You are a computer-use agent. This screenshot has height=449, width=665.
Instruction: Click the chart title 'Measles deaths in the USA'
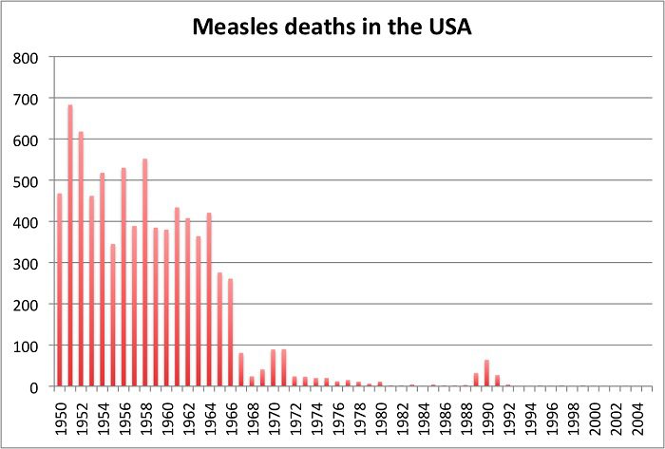coord(332,28)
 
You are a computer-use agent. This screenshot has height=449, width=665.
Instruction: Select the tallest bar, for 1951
coord(70,247)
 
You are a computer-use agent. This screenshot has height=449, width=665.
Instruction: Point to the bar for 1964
coord(209,300)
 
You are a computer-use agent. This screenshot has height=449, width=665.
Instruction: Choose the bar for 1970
coord(274,368)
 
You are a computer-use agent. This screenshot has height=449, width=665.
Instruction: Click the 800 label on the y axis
coord(26,58)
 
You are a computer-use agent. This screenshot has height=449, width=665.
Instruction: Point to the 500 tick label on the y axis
coord(26,181)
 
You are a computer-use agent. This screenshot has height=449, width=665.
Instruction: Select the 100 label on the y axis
coord(26,346)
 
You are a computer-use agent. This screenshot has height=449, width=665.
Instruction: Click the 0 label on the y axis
coord(34,387)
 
